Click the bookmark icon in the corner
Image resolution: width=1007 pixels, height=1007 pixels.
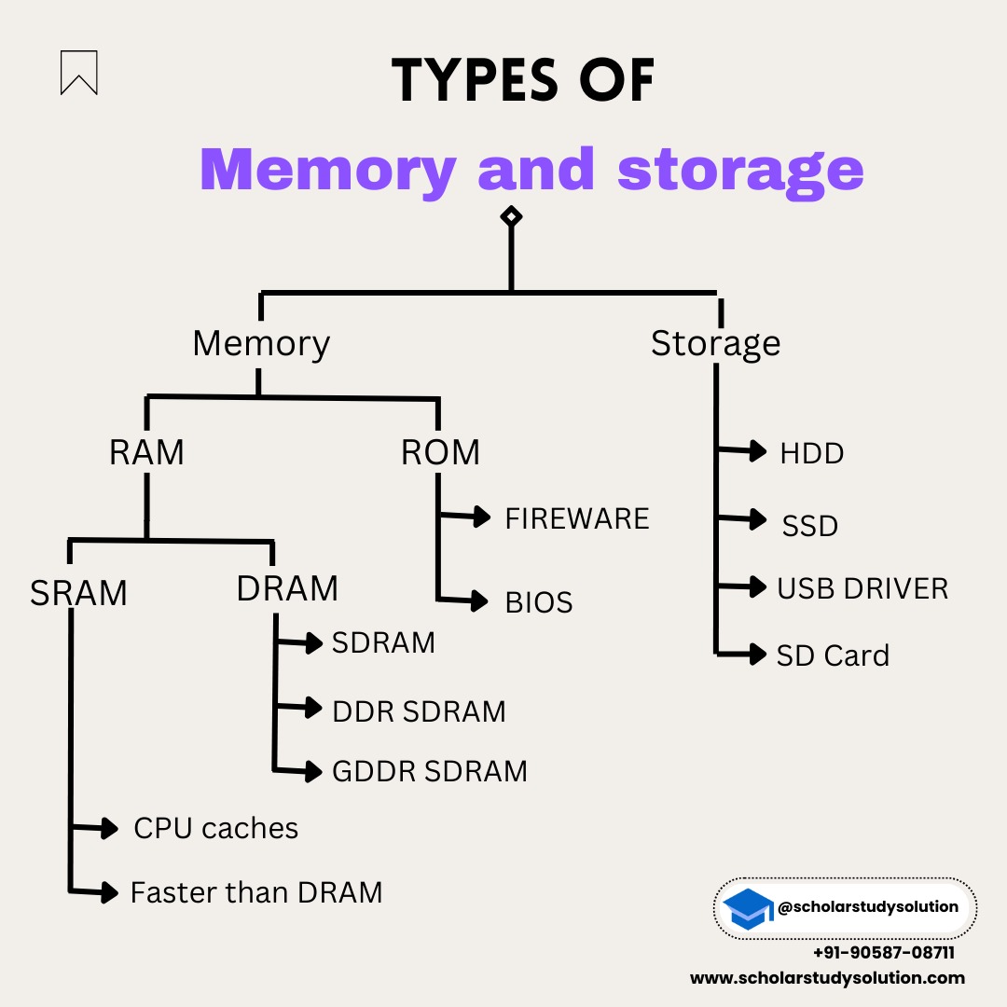(x=78, y=73)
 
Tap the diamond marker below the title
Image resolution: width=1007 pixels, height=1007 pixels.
(x=511, y=217)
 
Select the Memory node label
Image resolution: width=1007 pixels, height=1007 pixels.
(x=261, y=343)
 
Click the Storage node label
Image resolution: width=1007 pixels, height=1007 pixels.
(x=715, y=343)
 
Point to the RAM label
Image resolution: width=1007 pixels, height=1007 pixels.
(x=146, y=452)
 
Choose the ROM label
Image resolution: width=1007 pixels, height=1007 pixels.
(x=440, y=452)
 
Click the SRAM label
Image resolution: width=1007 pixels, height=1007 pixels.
(x=78, y=593)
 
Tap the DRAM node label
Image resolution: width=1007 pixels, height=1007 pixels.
(x=287, y=588)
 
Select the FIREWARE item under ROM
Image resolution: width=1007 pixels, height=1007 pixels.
(x=577, y=518)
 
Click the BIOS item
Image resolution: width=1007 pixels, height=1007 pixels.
(x=539, y=602)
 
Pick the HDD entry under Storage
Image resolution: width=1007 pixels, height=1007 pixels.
(x=811, y=453)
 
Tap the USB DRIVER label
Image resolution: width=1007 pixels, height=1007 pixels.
(x=862, y=588)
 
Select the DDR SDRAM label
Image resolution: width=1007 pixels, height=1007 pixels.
(x=419, y=711)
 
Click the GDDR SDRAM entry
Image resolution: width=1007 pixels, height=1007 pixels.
(x=430, y=771)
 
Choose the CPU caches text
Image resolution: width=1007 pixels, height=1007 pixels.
(x=216, y=828)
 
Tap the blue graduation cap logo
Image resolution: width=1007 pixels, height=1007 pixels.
(x=749, y=908)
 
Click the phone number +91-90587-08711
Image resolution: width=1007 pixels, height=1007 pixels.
(x=883, y=953)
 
